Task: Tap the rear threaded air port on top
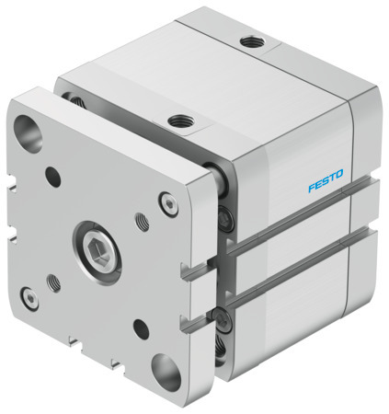[248, 41]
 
